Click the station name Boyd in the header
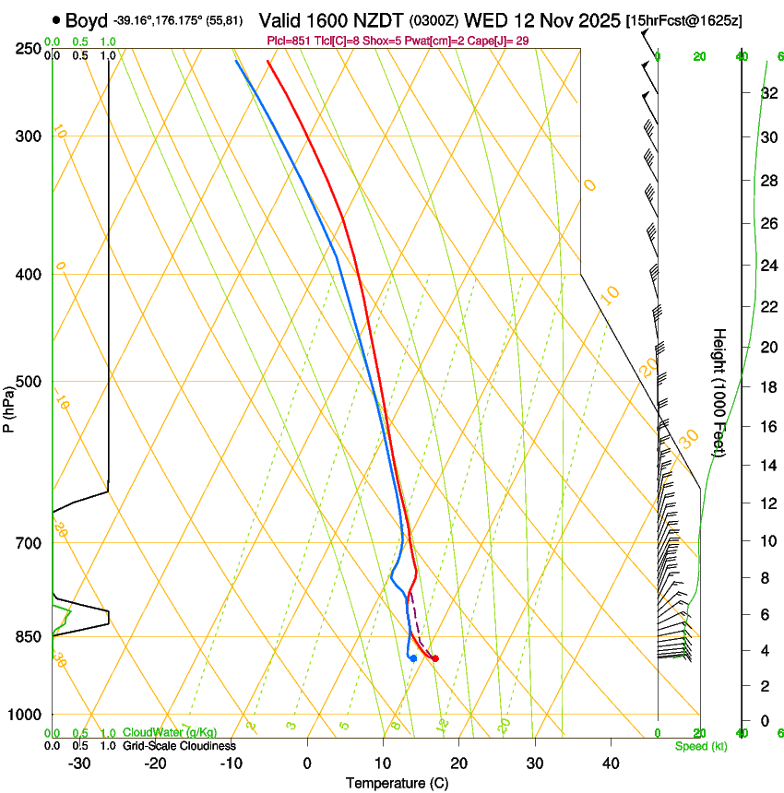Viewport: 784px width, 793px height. [86, 20]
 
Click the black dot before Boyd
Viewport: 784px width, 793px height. [57, 20]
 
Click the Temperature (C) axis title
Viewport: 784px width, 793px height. [397, 783]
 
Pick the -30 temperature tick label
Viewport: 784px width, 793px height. [79, 763]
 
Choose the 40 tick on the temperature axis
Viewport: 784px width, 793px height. [610, 763]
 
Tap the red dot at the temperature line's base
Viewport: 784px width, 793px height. [435, 658]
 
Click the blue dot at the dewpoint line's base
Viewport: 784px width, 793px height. [413, 658]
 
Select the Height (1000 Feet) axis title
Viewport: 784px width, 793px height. [719, 392]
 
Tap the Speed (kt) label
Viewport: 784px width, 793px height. [700, 746]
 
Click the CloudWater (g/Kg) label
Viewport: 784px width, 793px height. [170, 732]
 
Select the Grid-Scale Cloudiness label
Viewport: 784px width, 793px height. [179, 746]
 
